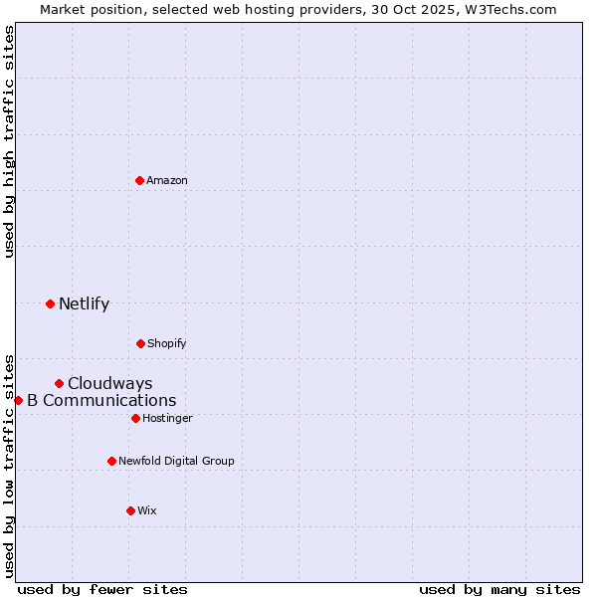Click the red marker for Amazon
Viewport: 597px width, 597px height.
(x=140, y=180)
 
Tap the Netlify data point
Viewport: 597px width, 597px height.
(x=50, y=303)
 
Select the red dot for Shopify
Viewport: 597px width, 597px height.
(x=140, y=343)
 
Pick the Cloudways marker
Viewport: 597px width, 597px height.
(x=59, y=383)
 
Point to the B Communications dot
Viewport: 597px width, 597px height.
(x=18, y=400)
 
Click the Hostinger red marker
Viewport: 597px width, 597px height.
(x=135, y=418)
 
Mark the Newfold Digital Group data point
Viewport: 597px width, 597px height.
(x=111, y=461)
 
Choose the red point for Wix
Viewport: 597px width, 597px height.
(x=130, y=510)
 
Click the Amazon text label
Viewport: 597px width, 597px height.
(x=167, y=180)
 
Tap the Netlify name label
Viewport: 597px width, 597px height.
(x=84, y=303)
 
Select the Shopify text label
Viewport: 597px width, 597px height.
(x=167, y=343)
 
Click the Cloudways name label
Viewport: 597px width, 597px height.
(x=109, y=383)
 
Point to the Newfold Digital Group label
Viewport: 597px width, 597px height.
(x=176, y=461)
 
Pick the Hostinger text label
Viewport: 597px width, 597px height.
(x=167, y=418)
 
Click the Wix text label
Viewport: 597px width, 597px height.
(x=147, y=510)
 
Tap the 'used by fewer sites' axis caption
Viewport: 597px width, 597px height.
(x=102, y=589)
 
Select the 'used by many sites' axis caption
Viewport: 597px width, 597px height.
(x=499, y=589)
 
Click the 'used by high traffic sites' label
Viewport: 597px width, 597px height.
(x=9, y=141)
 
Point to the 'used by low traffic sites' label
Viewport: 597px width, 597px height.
(x=9, y=465)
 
